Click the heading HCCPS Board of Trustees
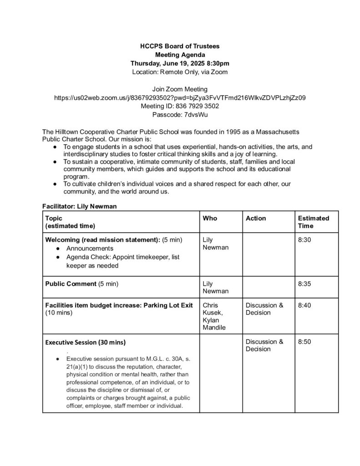coord(180,46)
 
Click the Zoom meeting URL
coord(180,97)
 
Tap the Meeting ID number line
coord(180,106)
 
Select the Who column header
coord(210,218)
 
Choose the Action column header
coord(256,218)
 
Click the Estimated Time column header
coord(313,222)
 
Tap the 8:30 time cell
coord(304,240)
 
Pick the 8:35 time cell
coord(304,284)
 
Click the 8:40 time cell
coord(304,305)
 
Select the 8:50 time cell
coord(304,342)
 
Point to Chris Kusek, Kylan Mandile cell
coord(213,316)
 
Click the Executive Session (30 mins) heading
coord(85,342)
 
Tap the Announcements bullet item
coord(90,248)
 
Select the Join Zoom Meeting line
coord(180,89)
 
